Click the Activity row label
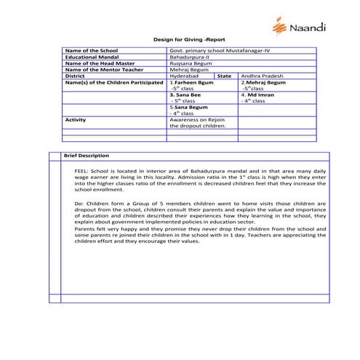coord(76,119)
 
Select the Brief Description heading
coord(87,156)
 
